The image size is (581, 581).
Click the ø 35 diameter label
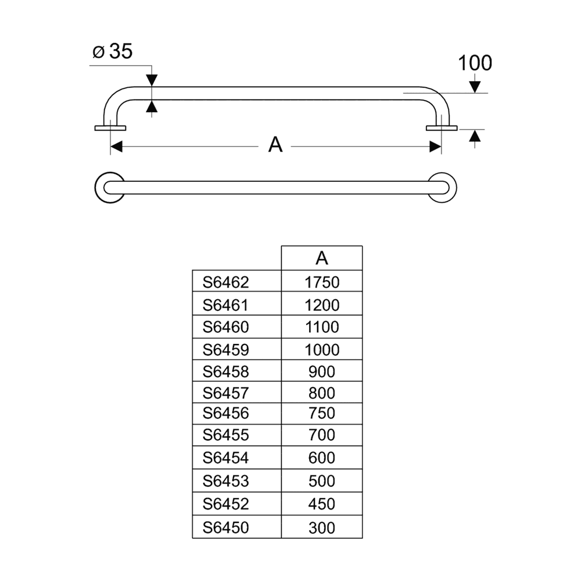112,51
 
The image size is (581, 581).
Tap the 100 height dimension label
475,63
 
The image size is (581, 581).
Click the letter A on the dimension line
275,145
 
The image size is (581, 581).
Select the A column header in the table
322,258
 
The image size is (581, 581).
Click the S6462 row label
225,282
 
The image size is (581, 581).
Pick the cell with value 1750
322,282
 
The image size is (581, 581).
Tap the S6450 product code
225,528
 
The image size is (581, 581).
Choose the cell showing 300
322,528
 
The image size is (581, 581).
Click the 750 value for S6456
322,413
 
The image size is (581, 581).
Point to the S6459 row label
225,350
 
